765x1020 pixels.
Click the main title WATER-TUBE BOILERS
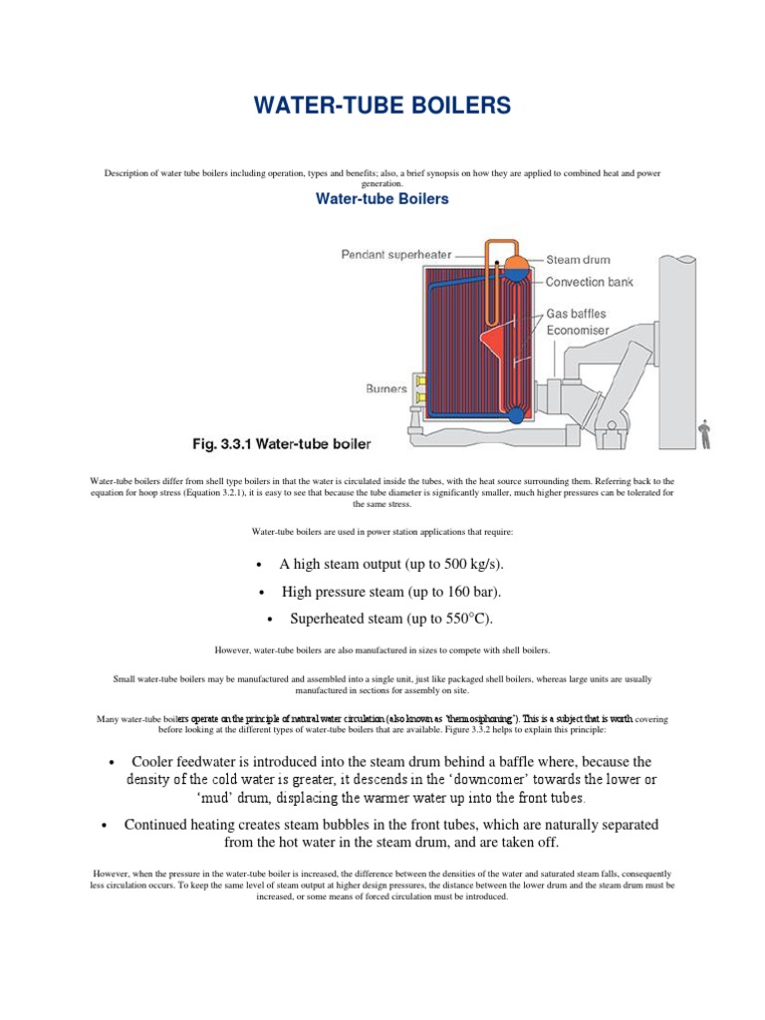382,105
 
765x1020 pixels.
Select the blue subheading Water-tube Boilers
382,199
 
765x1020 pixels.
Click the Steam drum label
578,260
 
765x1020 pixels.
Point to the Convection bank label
589,282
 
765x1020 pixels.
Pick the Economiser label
584,331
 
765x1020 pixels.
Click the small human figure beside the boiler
705,432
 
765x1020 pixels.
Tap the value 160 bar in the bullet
461,592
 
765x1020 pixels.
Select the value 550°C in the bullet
459,619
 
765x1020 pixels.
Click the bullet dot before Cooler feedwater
110,763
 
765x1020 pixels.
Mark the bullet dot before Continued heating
106,826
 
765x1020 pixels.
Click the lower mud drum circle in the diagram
515,414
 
